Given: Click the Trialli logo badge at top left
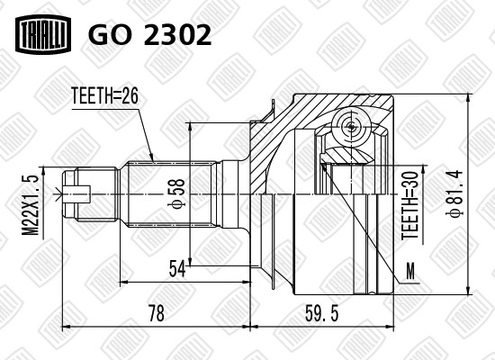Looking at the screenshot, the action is pos(43,34).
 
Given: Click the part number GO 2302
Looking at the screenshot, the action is pos(149,34).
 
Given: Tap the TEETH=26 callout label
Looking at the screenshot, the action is pos(104,95).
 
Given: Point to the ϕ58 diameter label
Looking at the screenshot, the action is pos(177,193).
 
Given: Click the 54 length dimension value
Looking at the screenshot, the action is pos(177,268).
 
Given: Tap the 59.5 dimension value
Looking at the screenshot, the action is pos(321,313).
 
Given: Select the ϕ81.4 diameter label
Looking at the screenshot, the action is pos(454,193).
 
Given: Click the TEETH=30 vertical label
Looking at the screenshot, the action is pos(409,205).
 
